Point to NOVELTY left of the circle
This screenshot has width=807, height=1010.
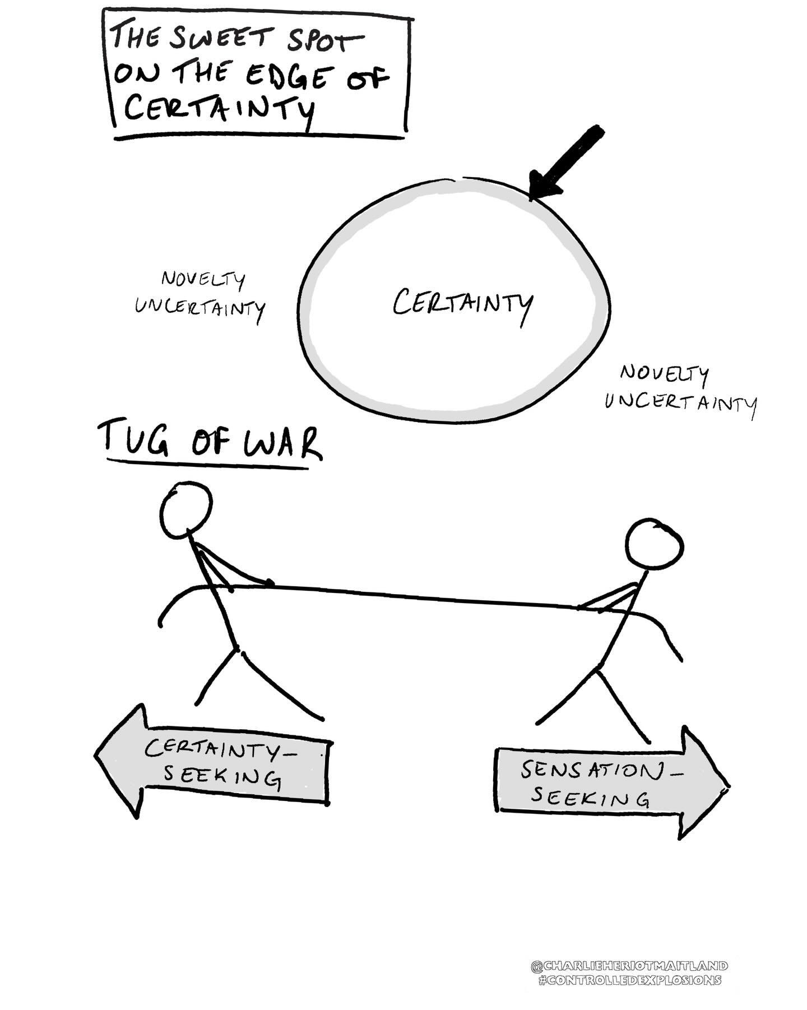tap(203, 279)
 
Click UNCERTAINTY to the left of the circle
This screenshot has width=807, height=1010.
tap(200, 308)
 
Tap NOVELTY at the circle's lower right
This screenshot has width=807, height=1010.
tap(665, 374)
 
